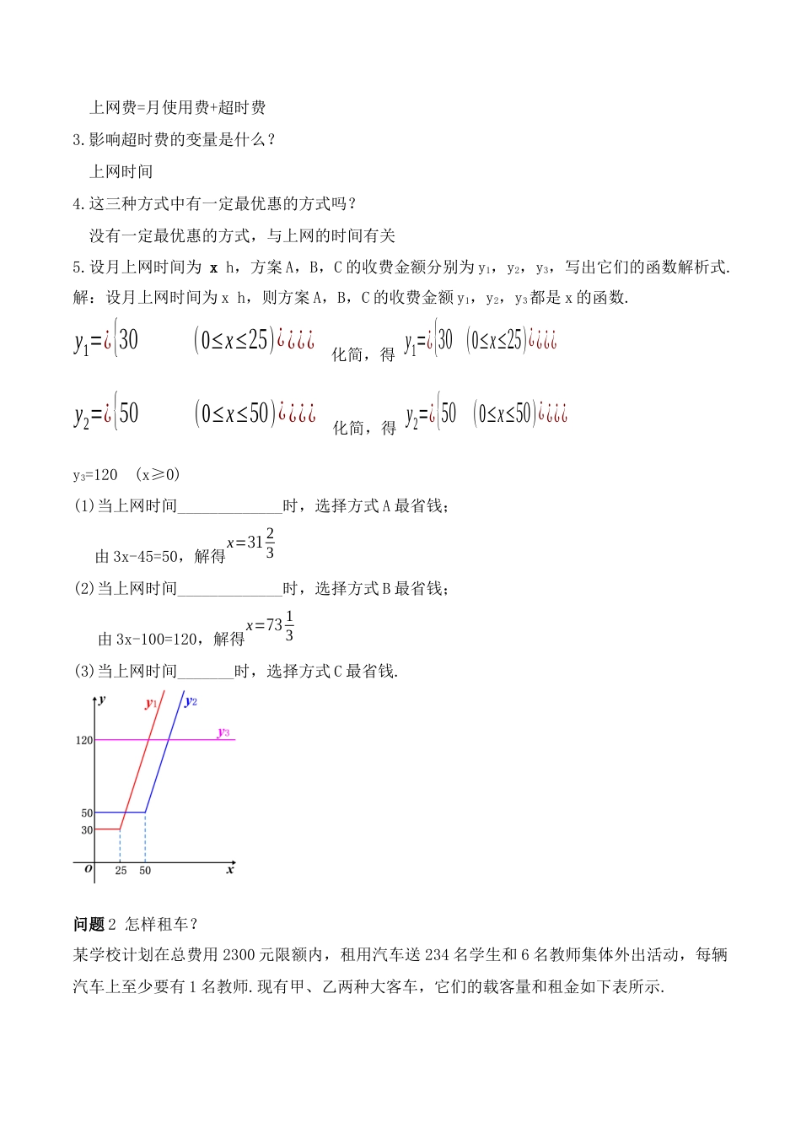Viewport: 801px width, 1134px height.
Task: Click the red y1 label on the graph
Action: pyautogui.click(x=151, y=703)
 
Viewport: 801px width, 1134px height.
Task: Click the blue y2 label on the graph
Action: pyautogui.click(x=191, y=701)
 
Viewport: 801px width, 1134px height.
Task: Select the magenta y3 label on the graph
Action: pyautogui.click(x=223, y=732)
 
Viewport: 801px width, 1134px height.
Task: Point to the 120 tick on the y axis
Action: pyautogui.click(x=84, y=741)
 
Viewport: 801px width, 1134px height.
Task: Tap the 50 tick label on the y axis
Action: pyautogui.click(x=87, y=813)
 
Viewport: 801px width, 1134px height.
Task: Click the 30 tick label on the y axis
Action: pyautogui.click(x=87, y=830)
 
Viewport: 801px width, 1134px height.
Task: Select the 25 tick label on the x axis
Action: pyautogui.click(x=121, y=871)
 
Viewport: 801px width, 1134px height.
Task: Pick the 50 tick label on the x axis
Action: pyautogui.click(x=145, y=871)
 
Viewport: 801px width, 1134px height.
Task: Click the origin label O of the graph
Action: pyautogui.click(x=89, y=869)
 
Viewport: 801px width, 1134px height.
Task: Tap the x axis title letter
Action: pyautogui.click(x=229, y=870)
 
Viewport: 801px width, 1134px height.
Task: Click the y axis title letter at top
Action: pyautogui.click(x=102, y=699)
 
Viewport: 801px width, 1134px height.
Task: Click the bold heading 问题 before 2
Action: pyautogui.click(x=89, y=925)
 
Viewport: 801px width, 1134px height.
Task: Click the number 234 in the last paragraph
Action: pyautogui.click(x=438, y=955)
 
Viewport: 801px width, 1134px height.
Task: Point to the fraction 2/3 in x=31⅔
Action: pyautogui.click(x=270, y=543)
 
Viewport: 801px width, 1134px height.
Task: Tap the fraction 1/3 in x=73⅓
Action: pyautogui.click(x=289, y=626)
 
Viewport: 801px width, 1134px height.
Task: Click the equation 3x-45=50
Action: pyautogui.click(x=146, y=557)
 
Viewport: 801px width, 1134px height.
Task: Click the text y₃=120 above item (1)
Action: pyautogui.click(x=95, y=475)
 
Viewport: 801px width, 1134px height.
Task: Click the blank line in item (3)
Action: pyautogui.click(x=206, y=672)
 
